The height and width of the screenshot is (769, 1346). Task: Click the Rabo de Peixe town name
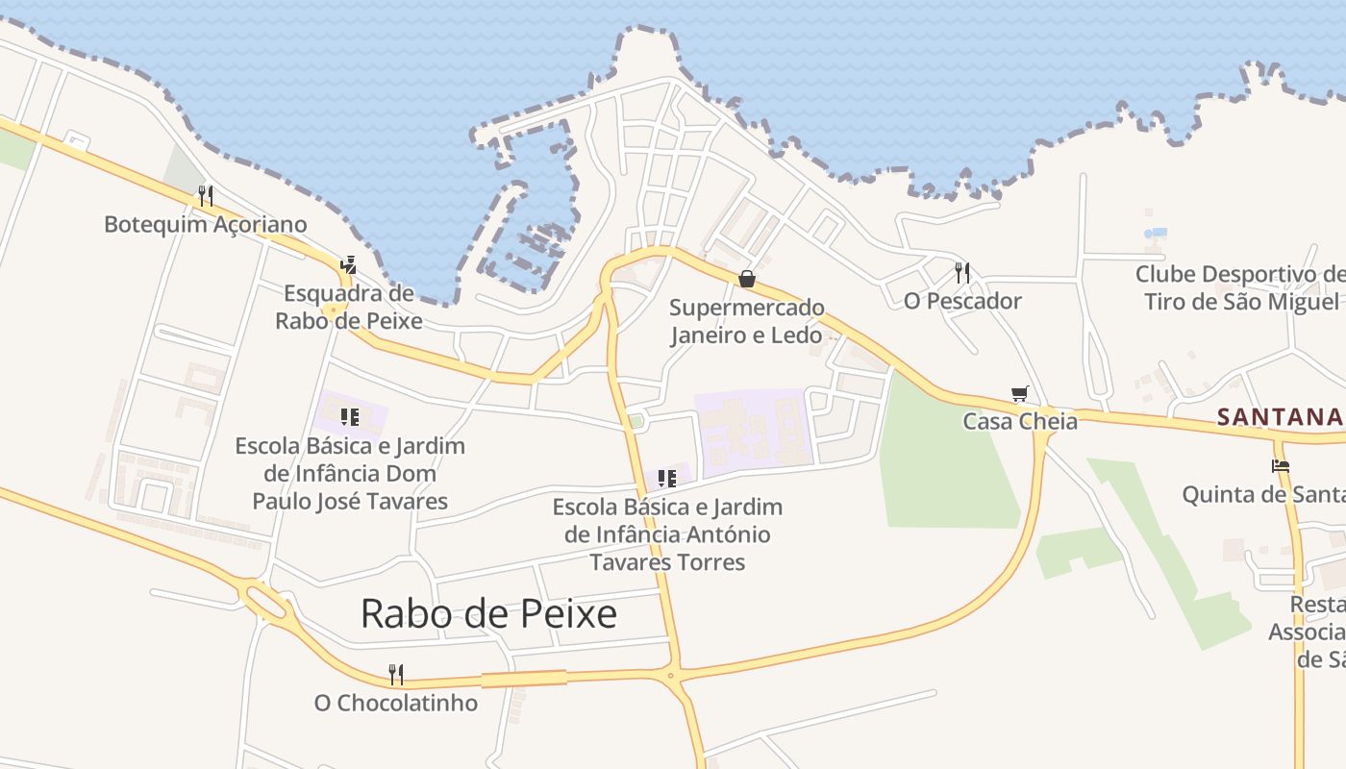[488, 613]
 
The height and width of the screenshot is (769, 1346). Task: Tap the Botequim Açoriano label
[206, 225]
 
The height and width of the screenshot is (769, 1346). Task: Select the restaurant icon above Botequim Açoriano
[205, 196]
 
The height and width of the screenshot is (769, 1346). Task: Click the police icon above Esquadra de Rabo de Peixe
[348, 265]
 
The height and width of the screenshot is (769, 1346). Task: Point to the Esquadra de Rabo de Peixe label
[348, 307]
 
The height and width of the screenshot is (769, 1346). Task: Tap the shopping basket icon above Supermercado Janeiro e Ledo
[747, 279]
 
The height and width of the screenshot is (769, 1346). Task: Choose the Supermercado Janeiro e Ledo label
[747, 321]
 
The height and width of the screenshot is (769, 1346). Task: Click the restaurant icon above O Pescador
[962, 273]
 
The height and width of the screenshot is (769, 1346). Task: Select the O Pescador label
[962, 301]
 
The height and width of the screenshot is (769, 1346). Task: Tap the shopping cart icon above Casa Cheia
[1020, 393]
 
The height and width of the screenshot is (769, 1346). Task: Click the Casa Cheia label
[1020, 421]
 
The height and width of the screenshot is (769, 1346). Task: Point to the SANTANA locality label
[1279, 416]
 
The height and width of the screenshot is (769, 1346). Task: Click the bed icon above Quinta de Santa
[1280, 466]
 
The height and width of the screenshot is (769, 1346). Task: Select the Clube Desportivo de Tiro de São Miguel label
[1241, 287]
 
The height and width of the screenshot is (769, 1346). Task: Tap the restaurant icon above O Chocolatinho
[395, 674]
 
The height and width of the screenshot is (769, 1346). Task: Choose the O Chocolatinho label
[395, 703]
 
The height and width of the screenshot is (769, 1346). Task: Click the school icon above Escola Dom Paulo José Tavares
[350, 417]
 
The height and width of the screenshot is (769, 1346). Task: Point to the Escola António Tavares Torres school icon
[666, 478]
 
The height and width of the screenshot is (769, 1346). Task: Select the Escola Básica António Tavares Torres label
[667, 534]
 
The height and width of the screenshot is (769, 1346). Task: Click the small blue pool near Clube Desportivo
[1157, 234]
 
